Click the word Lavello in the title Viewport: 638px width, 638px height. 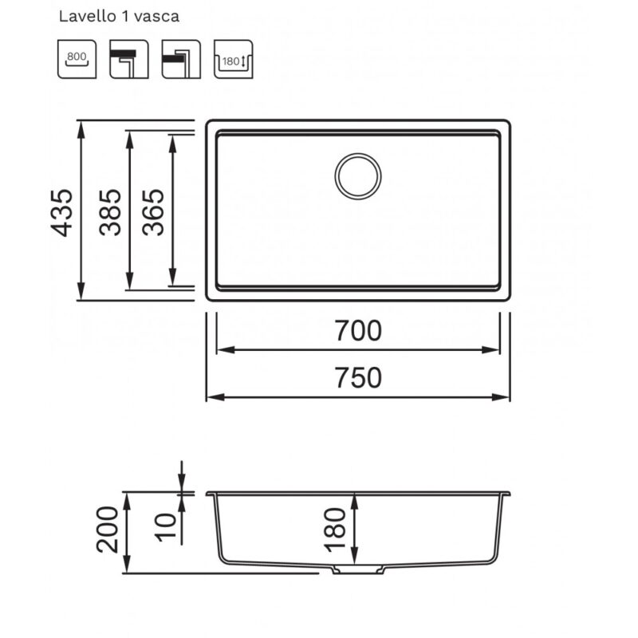pos(87,16)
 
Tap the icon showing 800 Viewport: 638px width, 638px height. pos(77,59)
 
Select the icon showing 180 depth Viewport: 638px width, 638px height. pos(233,59)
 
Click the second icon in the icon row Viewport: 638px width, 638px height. pos(129,59)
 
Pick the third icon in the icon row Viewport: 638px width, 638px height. pos(181,59)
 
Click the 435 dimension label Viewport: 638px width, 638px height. pos(62,212)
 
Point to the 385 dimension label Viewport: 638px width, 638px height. pos(110,212)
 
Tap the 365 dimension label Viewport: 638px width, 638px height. pos(153,212)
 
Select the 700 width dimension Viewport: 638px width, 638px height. pos(358,330)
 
